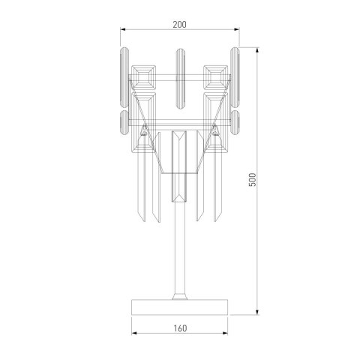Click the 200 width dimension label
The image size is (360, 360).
[x=179, y=24]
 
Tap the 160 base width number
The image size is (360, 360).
[x=179, y=327]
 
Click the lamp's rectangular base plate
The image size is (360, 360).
[x=179, y=307]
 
